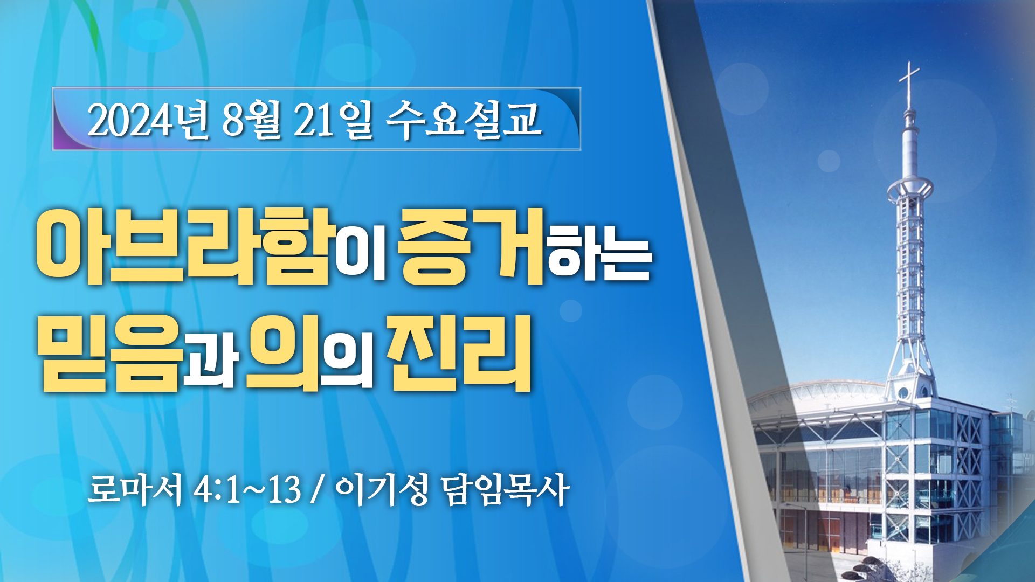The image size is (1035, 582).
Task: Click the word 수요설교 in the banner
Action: [x=464, y=120]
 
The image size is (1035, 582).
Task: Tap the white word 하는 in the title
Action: [x=600, y=254]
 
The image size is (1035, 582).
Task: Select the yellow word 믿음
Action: [x=110, y=353]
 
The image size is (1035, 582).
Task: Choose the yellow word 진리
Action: [x=460, y=353]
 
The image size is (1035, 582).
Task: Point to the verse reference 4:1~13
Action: [x=247, y=490]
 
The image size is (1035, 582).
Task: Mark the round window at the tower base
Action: [x=903, y=393]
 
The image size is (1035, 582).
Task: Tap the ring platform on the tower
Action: [x=910, y=189]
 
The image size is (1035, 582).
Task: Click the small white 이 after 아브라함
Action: [x=361, y=254]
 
